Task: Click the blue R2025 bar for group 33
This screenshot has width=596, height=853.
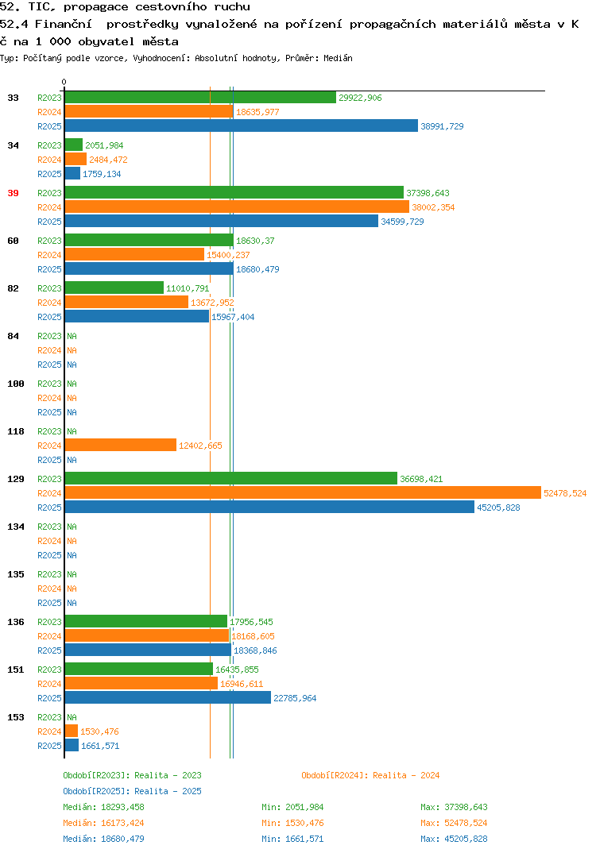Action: point(242,125)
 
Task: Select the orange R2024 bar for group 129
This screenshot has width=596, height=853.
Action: point(304,493)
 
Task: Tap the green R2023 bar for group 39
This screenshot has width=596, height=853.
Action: point(234,192)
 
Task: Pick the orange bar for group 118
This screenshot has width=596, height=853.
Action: point(121,445)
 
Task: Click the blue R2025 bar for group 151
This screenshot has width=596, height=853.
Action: point(168,697)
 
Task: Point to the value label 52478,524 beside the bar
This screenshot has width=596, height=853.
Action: point(565,493)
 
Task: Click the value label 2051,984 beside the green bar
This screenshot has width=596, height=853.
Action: point(104,145)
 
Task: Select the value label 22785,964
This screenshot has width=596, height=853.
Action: point(295,698)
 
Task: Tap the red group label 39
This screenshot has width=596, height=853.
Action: point(13,193)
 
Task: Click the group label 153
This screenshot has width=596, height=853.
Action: point(16,717)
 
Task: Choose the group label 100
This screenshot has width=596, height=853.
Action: point(16,384)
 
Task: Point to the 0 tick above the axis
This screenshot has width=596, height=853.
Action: point(64,82)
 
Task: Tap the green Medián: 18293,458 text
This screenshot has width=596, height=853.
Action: point(103,807)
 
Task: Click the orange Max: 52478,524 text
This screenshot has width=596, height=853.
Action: point(454,823)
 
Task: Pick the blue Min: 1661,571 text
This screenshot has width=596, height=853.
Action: point(292,839)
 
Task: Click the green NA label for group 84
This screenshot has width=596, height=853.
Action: point(72,336)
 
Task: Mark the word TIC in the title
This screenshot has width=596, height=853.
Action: point(41,7)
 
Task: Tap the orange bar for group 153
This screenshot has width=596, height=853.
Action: point(72,731)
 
